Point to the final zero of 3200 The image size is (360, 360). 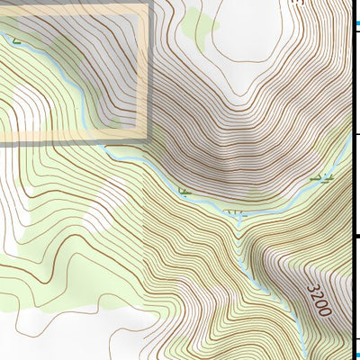pos(325,311)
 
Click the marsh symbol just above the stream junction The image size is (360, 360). pos(237,212)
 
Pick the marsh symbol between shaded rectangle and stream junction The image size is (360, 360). pos(184,191)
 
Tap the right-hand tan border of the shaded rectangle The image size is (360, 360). pos(143,72)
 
